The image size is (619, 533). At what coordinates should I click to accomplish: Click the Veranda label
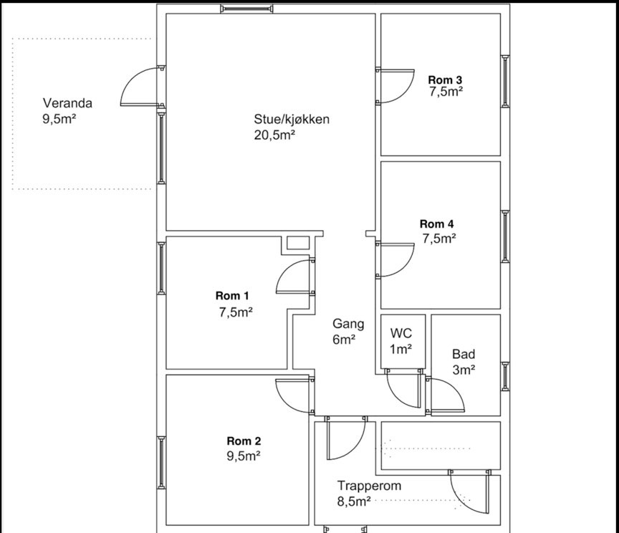click(x=67, y=103)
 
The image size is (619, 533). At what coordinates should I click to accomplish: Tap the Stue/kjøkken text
click(x=292, y=119)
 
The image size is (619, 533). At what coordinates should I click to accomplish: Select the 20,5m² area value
click(x=274, y=135)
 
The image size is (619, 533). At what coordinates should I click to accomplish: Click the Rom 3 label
click(x=445, y=80)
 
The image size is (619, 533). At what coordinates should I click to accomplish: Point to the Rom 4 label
click(x=436, y=224)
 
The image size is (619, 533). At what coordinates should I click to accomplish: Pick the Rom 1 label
click(x=232, y=295)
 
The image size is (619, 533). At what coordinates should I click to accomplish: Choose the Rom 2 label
click(x=244, y=441)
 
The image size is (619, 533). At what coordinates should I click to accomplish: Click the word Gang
click(x=348, y=324)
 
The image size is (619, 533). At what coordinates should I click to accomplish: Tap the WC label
click(x=401, y=333)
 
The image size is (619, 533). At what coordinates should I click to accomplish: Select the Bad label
click(x=464, y=354)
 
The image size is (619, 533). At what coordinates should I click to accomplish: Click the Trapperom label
click(x=369, y=486)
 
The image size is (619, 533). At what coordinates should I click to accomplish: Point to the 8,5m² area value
click(x=354, y=501)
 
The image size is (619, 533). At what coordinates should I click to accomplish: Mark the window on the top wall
click(x=246, y=9)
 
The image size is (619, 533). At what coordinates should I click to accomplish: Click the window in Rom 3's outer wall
click(x=505, y=82)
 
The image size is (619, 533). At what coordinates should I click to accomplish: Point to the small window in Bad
click(x=505, y=376)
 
